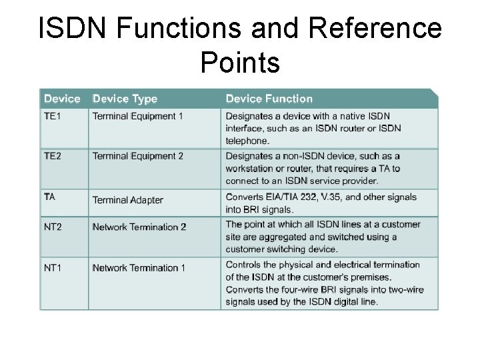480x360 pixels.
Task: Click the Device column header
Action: (62, 99)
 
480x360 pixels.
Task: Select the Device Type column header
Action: (125, 99)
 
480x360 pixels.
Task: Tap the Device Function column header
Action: (269, 99)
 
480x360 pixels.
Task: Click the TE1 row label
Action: (53, 116)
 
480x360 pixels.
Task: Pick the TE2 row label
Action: (53, 156)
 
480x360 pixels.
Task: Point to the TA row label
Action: (49, 197)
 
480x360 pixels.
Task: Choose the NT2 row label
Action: (53, 227)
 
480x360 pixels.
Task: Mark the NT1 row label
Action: (53, 267)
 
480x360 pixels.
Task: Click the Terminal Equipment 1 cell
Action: (138, 116)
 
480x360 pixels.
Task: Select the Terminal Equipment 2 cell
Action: (138, 156)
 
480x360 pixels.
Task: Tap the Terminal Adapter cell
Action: (127, 200)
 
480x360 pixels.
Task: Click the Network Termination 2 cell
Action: (139, 227)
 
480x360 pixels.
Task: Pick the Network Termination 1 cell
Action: (139, 268)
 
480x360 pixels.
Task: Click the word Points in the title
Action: (239, 63)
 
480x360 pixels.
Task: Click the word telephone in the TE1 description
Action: (247, 141)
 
